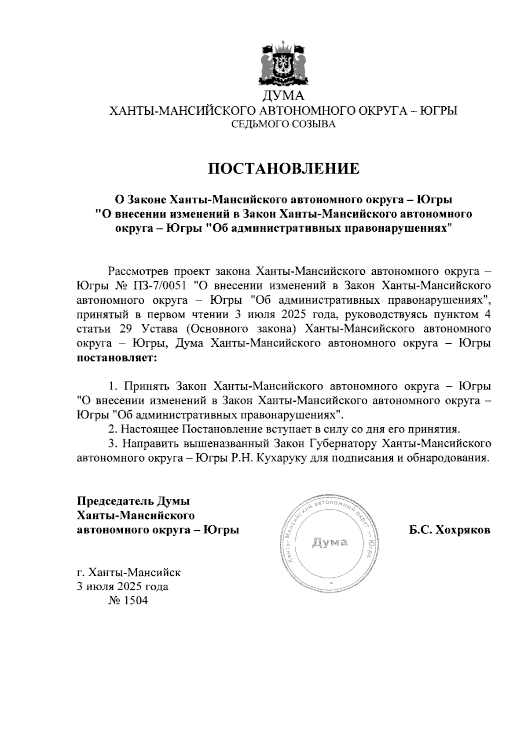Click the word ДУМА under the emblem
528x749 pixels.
point(283,95)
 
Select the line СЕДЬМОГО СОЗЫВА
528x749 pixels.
point(283,125)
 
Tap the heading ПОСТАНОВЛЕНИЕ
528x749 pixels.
point(283,168)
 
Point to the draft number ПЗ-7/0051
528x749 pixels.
point(162,286)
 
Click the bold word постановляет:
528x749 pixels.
point(117,358)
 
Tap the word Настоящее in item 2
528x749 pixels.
point(150,429)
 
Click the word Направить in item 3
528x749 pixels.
point(150,443)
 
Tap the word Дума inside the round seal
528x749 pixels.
point(330,542)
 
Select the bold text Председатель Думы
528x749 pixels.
point(133,501)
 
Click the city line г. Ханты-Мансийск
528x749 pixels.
point(128,573)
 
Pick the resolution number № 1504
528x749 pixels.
point(128,601)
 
